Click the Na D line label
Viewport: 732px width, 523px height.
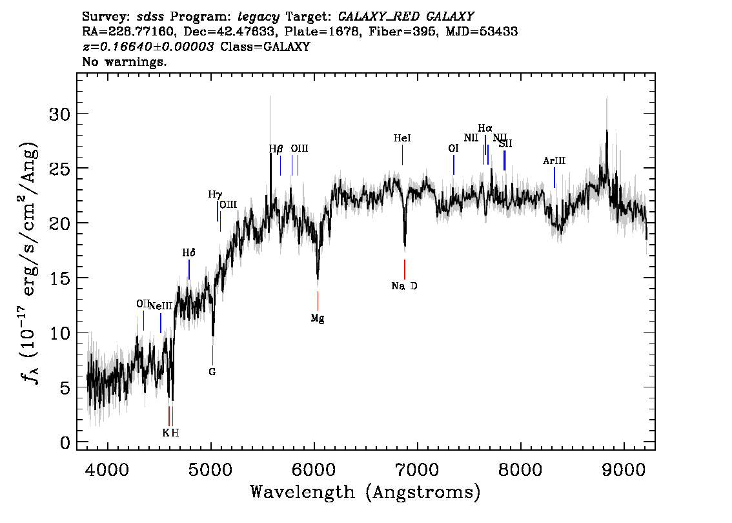tap(404, 286)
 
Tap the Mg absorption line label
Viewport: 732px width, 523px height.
tap(317, 318)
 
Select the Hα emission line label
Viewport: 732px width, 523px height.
tap(485, 128)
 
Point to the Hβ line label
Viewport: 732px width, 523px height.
tap(276, 149)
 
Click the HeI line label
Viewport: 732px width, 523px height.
tap(402, 138)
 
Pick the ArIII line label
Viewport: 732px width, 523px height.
tap(554, 161)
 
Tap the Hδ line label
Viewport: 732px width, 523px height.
tap(188, 253)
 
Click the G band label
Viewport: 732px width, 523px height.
tap(212, 372)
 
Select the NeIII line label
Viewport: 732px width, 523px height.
tap(161, 306)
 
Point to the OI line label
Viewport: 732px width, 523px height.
tap(453, 149)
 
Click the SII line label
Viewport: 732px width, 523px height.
tap(505, 143)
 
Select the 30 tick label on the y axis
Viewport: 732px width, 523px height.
tap(59, 114)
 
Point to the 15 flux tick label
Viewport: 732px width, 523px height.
tap(59, 279)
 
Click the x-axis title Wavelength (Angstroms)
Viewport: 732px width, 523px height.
tap(365, 493)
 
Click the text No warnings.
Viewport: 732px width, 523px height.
tap(125, 62)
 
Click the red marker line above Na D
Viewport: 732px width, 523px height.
tap(405, 269)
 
